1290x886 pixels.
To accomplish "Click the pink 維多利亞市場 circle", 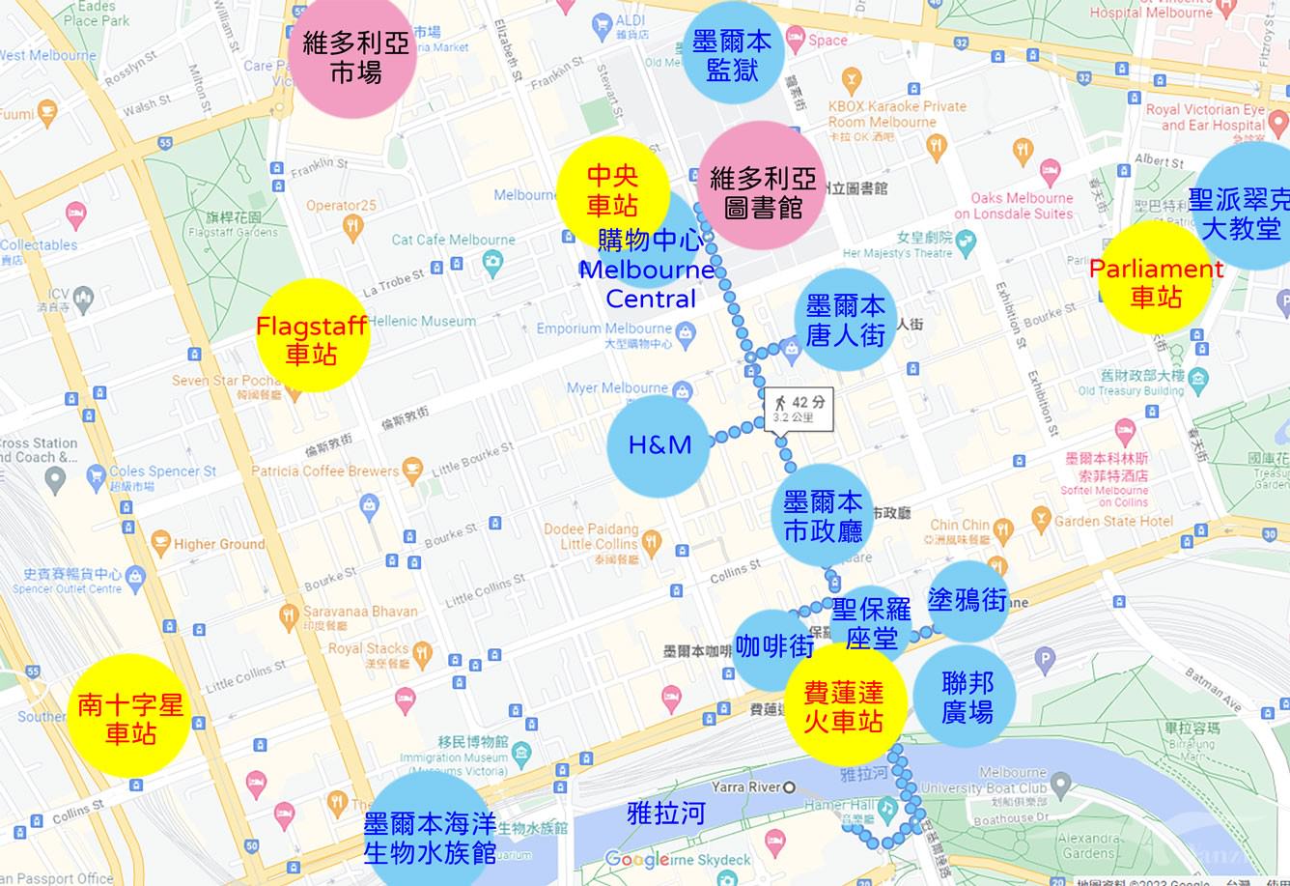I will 353,57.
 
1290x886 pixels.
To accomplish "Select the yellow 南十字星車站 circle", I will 129,716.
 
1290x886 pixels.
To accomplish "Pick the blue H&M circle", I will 660,444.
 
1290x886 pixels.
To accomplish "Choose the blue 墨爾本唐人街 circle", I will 845,321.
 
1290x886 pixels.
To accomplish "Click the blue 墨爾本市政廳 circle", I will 823,516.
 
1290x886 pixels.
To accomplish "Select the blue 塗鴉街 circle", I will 967,601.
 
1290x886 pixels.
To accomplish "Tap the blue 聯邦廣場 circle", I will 967,698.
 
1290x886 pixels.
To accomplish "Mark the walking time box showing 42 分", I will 799,409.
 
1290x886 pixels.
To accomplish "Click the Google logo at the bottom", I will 637,859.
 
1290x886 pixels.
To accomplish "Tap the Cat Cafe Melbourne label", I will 453,240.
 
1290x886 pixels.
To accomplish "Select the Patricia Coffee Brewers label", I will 325,472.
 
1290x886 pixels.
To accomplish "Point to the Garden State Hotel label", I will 1113,521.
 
